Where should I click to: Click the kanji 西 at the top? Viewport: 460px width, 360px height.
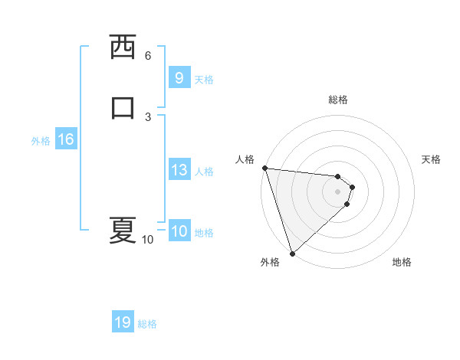(x=123, y=47)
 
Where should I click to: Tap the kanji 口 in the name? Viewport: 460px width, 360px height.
(x=123, y=106)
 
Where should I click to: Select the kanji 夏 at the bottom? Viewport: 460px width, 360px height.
(x=123, y=230)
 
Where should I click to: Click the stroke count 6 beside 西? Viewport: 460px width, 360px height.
(x=148, y=55)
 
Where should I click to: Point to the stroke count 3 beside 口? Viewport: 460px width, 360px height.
(x=148, y=116)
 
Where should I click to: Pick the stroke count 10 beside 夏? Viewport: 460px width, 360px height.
(x=147, y=240)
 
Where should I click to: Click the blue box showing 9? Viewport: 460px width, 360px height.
(x=179, y=78)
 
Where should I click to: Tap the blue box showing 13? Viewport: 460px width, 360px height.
(x=179, y=170)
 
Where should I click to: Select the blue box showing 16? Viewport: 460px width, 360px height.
(x=65, y=139)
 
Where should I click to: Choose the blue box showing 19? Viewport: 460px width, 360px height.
(x=123, y=322)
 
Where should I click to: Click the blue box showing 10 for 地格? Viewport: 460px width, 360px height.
(x=179, y=231)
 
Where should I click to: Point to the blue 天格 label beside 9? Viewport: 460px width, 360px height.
(x=204, y=80)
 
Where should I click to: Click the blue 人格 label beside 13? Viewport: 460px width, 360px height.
(x=204, y=172)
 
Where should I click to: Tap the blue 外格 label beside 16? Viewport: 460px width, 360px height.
(x=41, y=141)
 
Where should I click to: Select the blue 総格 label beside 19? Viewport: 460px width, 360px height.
(x=147, y=324)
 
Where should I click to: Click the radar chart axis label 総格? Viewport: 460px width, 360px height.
(x=338, y=100)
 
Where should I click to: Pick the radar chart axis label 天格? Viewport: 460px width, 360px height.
(x=431, y=159)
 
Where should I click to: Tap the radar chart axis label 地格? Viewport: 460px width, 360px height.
(x=402, y=262)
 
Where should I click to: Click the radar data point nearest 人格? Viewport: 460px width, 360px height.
(x=264, y=168)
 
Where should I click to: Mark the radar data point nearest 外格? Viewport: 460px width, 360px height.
(x=292, y=253)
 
